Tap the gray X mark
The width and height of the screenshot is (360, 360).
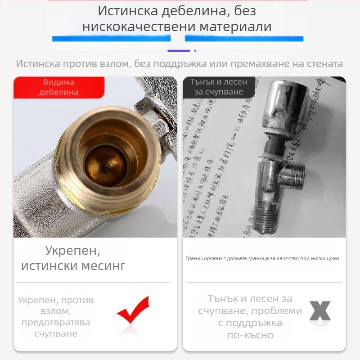320,310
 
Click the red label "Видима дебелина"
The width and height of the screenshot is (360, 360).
59,87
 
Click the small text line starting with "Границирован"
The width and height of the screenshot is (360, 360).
262,258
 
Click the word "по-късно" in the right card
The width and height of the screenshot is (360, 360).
251,335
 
